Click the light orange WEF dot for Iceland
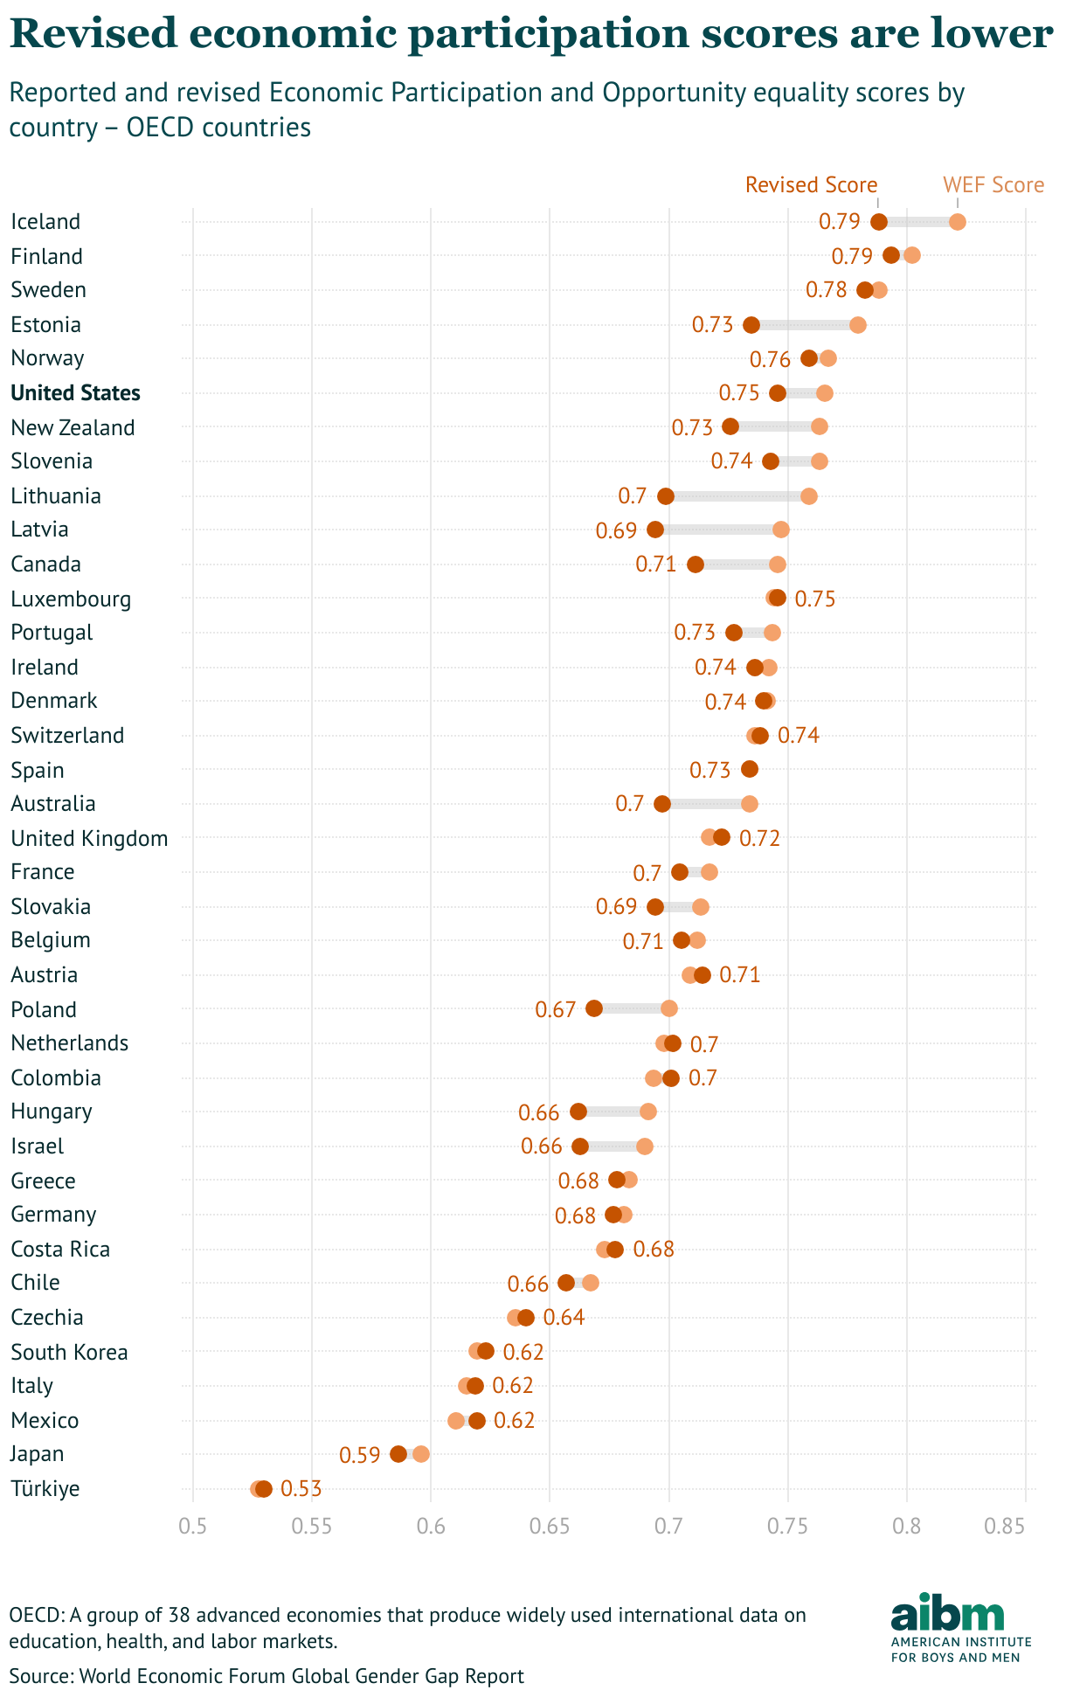[957, 222]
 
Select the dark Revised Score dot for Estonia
[751, 325]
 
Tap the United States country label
[75, 393]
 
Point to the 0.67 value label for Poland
[555, 1010]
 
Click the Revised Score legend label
[810, 185]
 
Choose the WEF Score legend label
[993, 185]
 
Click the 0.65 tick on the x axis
[550, 1527]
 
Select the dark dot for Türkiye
[264, 1489]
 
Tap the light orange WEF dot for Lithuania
[809, 496]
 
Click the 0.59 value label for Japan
[359, 1455]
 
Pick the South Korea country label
[69, 1353]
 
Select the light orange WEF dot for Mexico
[456, 1421]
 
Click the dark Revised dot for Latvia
[655, 530]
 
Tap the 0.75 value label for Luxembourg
[815, 599]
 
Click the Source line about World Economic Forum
[266, 1675]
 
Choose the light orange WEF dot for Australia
[750, 804]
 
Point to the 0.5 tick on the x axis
[192, 1527]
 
